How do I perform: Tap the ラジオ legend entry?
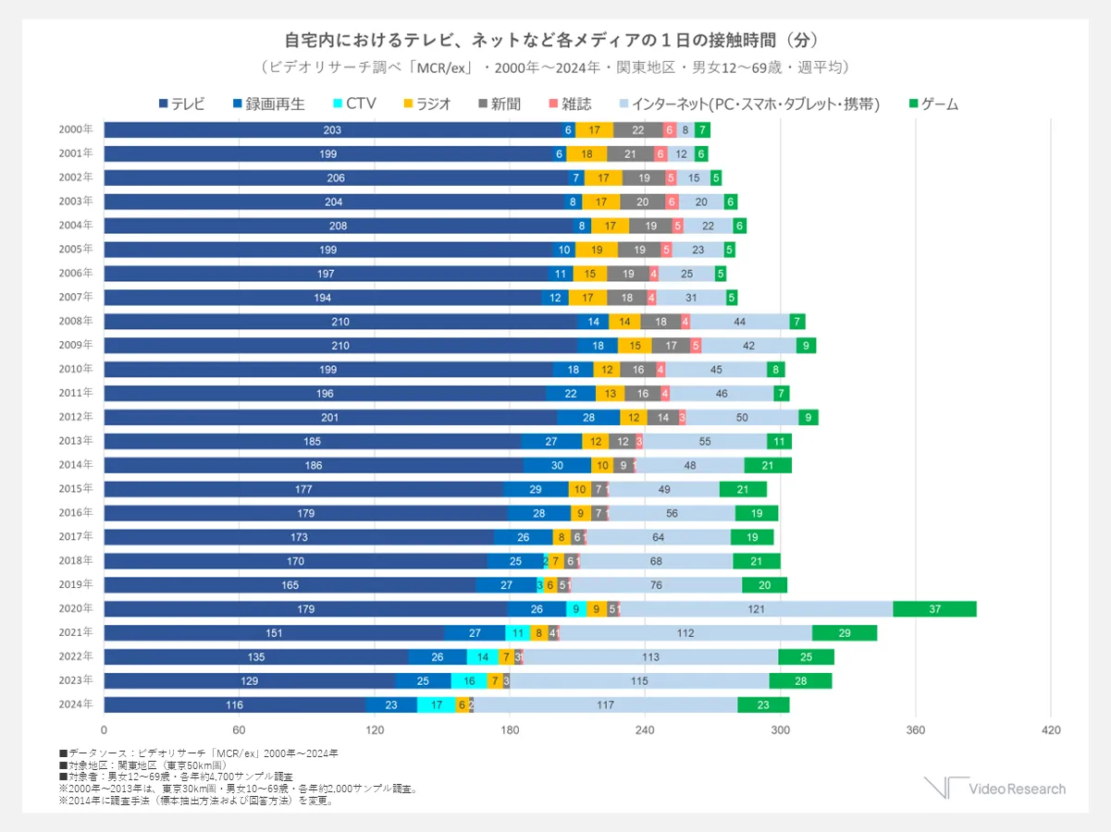(427, 104)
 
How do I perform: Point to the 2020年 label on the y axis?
(76, 608)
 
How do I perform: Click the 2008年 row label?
(76, 321)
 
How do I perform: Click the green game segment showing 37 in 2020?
(934, 608)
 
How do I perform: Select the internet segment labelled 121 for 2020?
(756, 608)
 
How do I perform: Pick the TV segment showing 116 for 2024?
(234, 704)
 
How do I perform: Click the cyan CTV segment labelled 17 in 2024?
(436, 704)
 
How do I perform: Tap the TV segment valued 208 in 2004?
(338, 225)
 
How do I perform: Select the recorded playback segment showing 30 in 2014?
(557, 465)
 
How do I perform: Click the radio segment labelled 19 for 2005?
(597, 249)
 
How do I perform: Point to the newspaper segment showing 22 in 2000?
(637, 129)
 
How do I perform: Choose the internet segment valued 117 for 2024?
(605, 704)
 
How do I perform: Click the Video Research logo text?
(1017, 789)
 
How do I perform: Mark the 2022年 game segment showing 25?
(806, 656)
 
